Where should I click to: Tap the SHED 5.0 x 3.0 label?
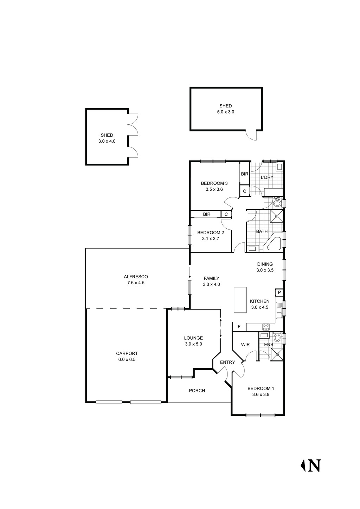pyautogui.click(x=225, y=109)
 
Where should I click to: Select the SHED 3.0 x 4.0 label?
pyautogui.click(x=107, y=138)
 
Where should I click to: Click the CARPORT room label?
pyautogui.click(x=127, y=356)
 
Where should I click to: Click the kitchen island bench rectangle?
pyautogui.click(x=240, y=300)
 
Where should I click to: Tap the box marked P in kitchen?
pyautogui.click(x=279, y=293)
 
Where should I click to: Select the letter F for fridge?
pyautogui.click(x=239, y=327)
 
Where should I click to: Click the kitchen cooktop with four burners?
pyautogui.click(x=266, y=327)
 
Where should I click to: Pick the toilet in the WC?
pyautogui.click(x=277, y=203)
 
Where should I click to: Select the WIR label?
pyautogui.click(x=245, y=345)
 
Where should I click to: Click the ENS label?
pyautogui.click(x=269, y=345)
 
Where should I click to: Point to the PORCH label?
pyautogui.click(x=197, y=391)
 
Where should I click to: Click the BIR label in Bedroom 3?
pyautogui.click(x=245, y=174)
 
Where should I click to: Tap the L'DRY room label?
pyautogui.click(x=267, y=177)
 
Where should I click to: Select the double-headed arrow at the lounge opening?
pyautogui.click(x=221, y=328)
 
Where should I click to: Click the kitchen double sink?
pyautogui.click(x=279, y=310)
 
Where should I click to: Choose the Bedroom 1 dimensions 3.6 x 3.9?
pyautogui.click(x=261, y=394)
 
